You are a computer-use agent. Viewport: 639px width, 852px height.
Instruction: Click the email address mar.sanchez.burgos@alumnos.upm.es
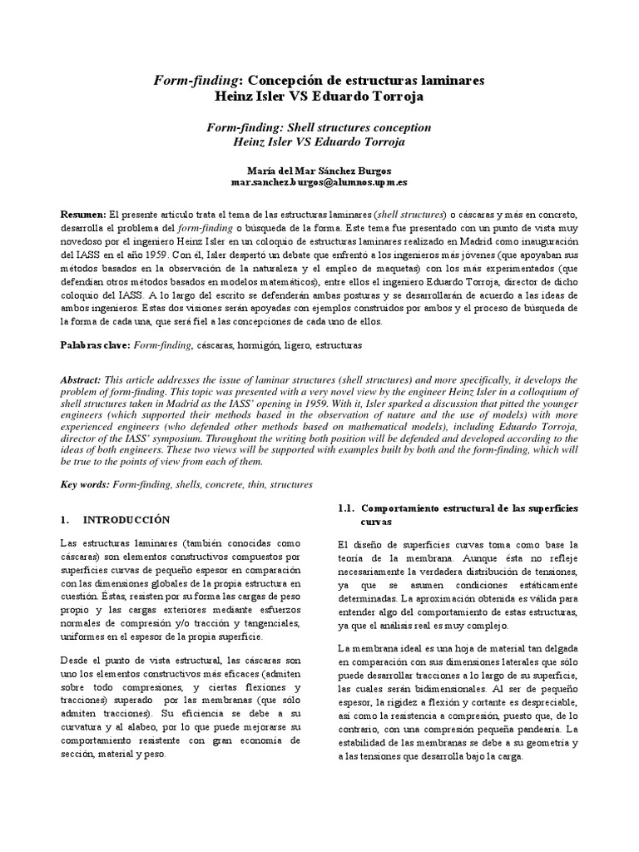point(319,181)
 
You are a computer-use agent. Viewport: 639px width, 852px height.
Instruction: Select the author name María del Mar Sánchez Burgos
point(319,168)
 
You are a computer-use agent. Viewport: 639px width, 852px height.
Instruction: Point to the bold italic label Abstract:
point(82,379)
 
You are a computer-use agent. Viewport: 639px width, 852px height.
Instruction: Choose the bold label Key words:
point(86,483)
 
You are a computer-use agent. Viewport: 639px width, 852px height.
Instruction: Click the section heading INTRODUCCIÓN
point(126,519)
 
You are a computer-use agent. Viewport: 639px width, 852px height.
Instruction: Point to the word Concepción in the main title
point(288,81)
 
